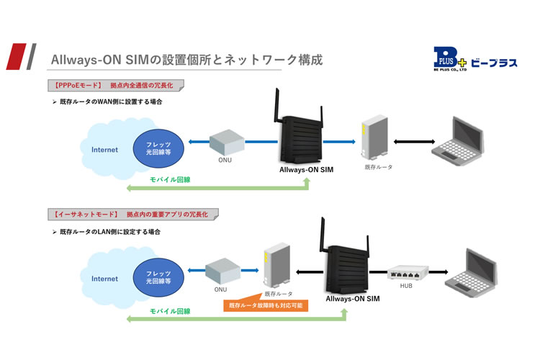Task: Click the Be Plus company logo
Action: coord(475,59)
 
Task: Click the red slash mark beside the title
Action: coord(17,56)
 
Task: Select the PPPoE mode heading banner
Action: coord(116,86)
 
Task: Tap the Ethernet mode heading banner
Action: coord(133,215)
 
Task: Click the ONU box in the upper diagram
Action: coord(227,142)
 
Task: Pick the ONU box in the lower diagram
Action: coord(222,271)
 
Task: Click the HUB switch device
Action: coord(408,272)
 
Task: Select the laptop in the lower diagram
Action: coord(471,273)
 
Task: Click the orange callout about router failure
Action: coord(266,304)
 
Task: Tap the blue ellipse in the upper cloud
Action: coord(158,148)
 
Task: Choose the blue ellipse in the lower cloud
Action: coord(158,277)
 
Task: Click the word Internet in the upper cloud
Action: coord(104,150)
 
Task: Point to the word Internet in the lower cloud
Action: coord(104,279)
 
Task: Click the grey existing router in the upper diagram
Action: coord(374,137)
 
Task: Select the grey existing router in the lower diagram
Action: coord(277,265)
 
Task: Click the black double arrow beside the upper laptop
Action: coord(414,142)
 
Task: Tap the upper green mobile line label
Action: coord(170,179)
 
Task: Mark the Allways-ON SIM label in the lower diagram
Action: coord(353,299)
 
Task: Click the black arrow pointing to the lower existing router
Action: coord(310,272)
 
